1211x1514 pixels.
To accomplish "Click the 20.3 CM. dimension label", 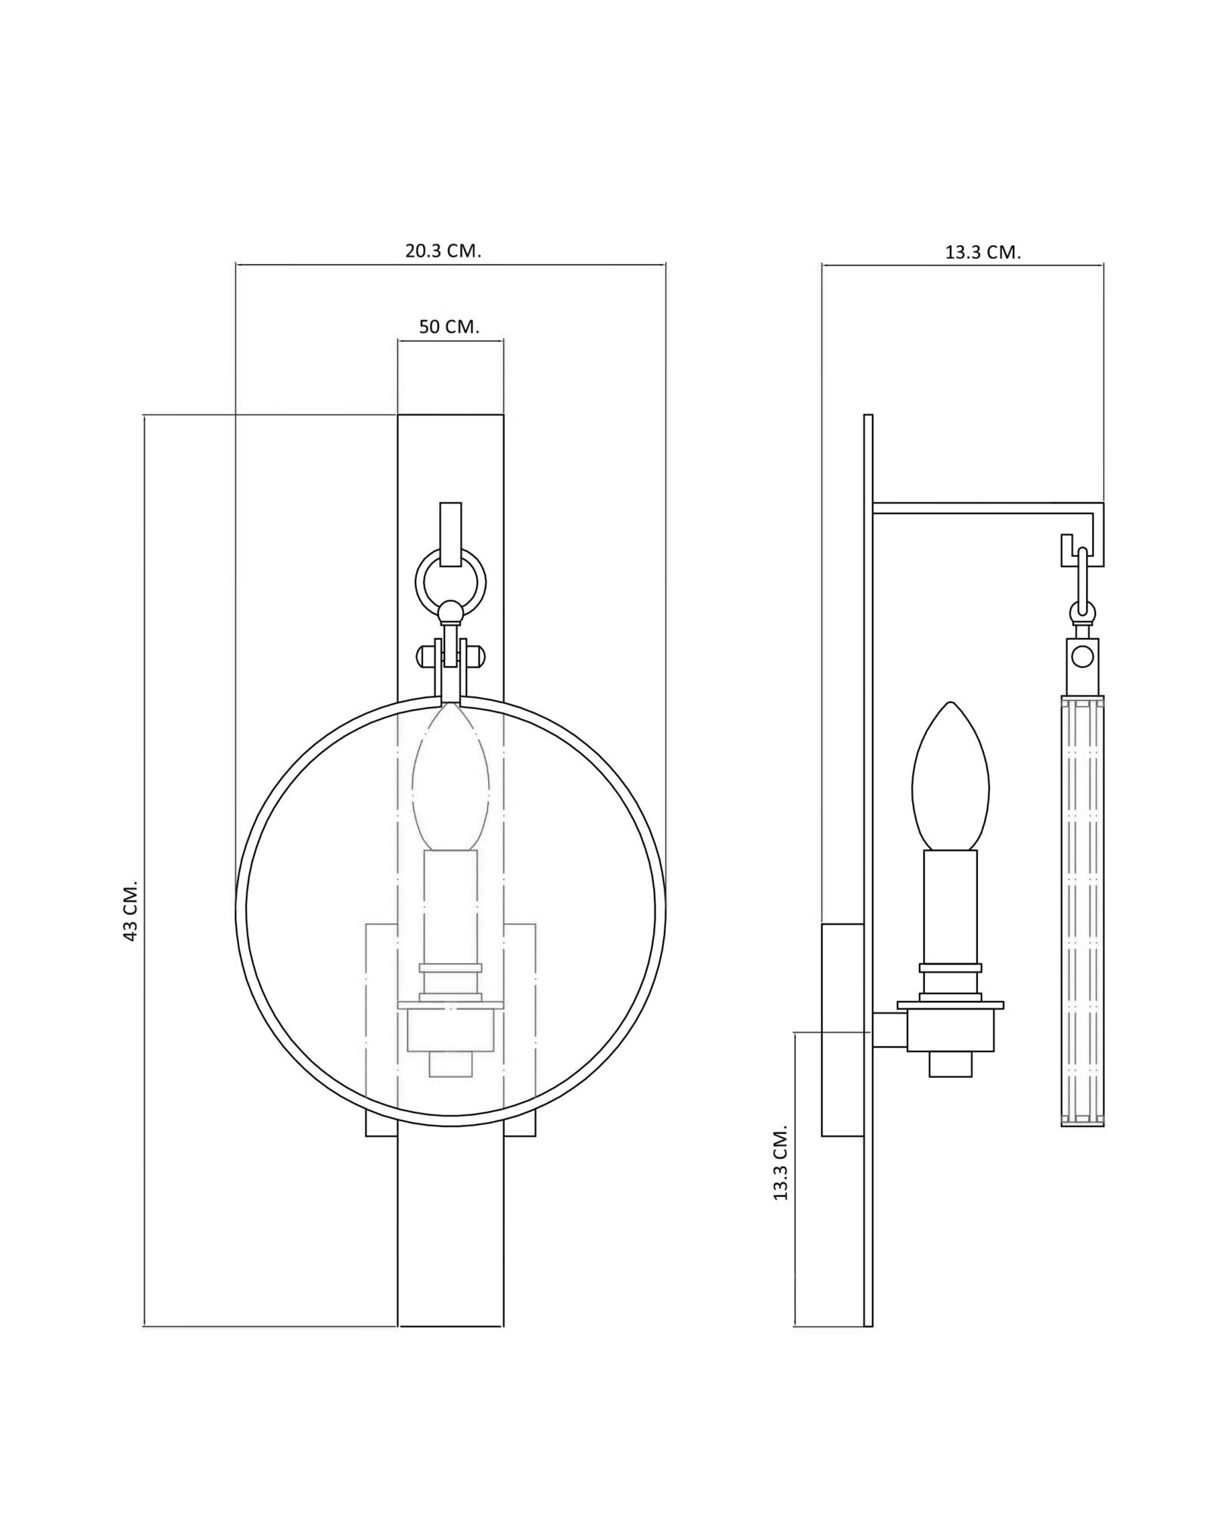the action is [443, 251].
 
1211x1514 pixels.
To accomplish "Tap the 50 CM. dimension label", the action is [450, 327].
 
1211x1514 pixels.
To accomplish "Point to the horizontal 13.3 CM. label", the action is [983, 253].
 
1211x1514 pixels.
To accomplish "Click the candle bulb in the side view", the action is [951, 776].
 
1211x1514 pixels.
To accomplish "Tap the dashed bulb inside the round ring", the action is [450, 776].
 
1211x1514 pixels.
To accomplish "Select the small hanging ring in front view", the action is [451, 582].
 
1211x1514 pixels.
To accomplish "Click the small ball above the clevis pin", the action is [451, 611].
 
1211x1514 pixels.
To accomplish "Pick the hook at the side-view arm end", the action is [1067, 550].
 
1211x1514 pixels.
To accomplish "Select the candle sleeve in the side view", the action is [951, 907].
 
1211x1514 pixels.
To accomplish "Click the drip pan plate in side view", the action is [951, 1005].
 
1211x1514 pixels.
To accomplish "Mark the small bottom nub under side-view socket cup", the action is [951, 1064].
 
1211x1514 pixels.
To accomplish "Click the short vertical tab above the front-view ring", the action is [451, 535].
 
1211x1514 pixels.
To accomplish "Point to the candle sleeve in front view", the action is [451, 907].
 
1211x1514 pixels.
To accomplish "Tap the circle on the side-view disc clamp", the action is [1082, 656].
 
